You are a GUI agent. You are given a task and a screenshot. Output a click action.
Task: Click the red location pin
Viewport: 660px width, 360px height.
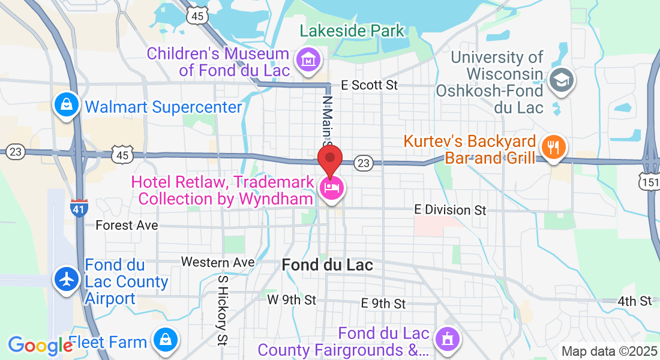[x=329, y=158]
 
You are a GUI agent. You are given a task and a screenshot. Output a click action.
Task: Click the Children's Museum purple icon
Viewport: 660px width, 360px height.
[x=308, y=61]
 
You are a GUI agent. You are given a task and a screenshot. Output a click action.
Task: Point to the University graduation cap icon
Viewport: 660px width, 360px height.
[x=562, y=79]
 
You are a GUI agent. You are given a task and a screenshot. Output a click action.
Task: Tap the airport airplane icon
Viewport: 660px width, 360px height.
[x=67, y=278]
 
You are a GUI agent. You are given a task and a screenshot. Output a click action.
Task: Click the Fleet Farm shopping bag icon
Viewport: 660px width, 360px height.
[x=164, y=340]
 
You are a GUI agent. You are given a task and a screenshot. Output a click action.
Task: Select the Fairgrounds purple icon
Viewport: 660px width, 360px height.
[x=447, y=339]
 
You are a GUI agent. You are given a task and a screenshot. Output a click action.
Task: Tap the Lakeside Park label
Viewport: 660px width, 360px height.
[x=352, y=31]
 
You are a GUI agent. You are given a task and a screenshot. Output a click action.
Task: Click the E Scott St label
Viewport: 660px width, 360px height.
[x=369, y=85]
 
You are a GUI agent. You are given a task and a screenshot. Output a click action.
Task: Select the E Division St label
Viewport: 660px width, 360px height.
[x=451, y=209]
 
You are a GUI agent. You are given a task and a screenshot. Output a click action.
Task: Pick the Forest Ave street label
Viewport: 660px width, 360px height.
[x=127, y=225]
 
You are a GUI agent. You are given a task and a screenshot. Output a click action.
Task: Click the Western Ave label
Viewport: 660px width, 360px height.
[x=218, y=262]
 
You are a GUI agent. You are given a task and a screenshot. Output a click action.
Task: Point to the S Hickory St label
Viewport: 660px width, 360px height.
[x=223, y=311]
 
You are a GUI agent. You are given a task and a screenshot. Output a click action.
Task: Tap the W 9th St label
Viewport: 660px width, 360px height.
[x=292, y=299]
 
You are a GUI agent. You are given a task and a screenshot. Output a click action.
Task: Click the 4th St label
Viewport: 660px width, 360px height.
[x=636, y=301]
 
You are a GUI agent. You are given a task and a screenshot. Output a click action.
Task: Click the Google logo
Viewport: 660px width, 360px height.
[x=40, y=345]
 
